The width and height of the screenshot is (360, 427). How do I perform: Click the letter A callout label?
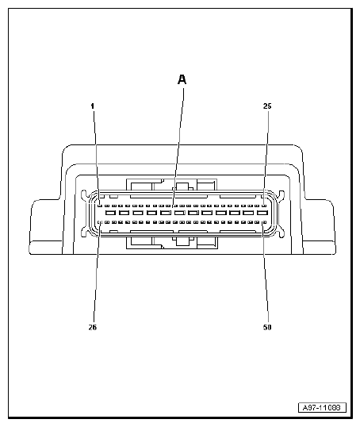coord(182,79)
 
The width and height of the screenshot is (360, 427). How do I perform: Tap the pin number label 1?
coord(92,106)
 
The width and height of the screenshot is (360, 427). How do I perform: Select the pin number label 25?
coord(266,106)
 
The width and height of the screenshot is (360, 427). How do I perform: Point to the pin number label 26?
coord(93,326)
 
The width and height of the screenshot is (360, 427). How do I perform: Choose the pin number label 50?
coord(266,326)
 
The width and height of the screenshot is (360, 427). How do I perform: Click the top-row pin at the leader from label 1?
coord(98,204)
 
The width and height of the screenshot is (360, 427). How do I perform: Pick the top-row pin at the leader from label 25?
coord(263,204)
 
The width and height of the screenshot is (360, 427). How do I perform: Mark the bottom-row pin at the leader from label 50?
coord(262,222)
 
